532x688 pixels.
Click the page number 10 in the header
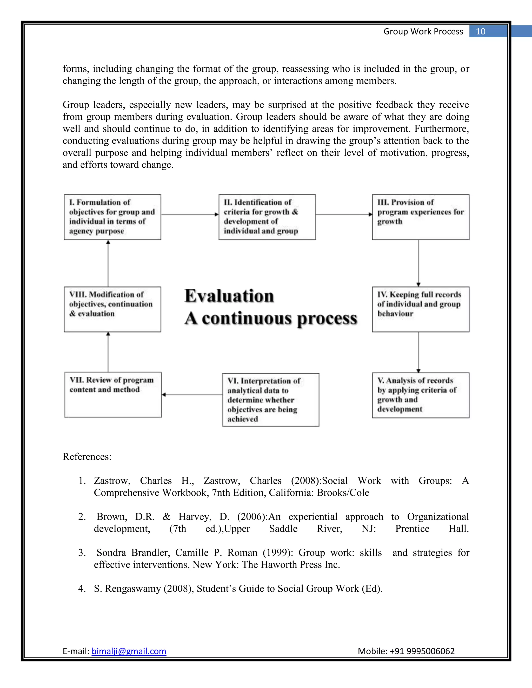click(x=480, y=31)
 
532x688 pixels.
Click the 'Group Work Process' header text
click(x=423, y=31)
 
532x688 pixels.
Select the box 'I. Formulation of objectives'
click(x=112, y=217)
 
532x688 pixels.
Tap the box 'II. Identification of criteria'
click(x=267, y=217)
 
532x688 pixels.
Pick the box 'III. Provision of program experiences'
click(x=421, y=217)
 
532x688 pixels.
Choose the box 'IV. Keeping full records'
click(x=421, y=309)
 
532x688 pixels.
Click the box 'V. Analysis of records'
click(x=421, y=395)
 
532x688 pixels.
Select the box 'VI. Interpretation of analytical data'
click(x=270, y=400)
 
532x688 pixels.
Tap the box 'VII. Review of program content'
click(x=113, y=395)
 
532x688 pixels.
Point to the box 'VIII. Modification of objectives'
click(x=112, y=309)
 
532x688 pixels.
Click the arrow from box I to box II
click(x=190, y=214)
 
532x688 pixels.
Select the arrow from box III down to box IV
click(x=418, y=263)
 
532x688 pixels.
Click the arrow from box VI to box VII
click(x=192, y=394)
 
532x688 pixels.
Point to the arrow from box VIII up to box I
click(x=108, y=263)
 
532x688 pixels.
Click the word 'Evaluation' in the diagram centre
click(x=229, y=296)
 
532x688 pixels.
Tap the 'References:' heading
click(x=87, y=456)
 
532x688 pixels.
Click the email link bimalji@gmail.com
click(x=129, y=651)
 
